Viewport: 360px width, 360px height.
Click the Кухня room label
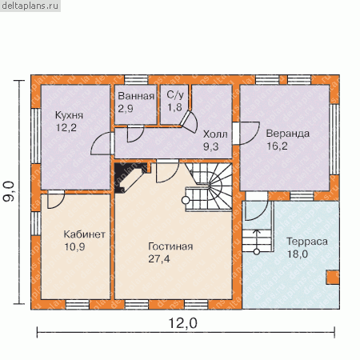[69, 115]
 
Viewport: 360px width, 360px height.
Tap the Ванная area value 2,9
[126, 109]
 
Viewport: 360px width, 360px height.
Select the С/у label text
[175, 94]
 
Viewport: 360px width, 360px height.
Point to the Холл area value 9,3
[211, 146]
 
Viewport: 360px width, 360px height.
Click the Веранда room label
[288, 134]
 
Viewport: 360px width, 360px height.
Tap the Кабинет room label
[85, 234]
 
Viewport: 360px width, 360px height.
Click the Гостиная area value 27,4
[159, 258]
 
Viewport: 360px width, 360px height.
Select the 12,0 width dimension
[183, 323]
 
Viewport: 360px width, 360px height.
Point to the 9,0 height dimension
[9, 191]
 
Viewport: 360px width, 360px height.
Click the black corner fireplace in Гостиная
[130, 177]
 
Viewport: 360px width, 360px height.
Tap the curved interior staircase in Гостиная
[209, 187]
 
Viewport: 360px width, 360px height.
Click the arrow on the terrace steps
[257, 240]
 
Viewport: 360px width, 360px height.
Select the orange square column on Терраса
[332, 278]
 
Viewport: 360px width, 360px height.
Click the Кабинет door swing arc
[56, 200]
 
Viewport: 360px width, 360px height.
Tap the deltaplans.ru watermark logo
[30, 6]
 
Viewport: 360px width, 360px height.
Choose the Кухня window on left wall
[36, 136]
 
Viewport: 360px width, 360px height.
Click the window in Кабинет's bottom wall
[78, 305]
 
